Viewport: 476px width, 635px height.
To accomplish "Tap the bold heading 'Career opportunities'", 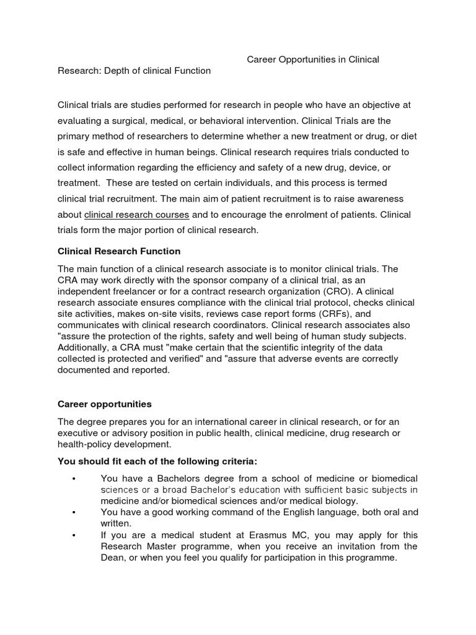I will click(x=104, y=404).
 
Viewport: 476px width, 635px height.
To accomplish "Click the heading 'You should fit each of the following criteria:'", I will click(x=157, y=461).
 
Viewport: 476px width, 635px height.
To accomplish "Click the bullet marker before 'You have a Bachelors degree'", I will click(x=73, y=478).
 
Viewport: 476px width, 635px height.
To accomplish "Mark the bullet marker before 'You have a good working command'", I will click(x=73, y=512).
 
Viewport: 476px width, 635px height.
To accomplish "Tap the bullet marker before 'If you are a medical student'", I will click(x=73, y=535).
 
